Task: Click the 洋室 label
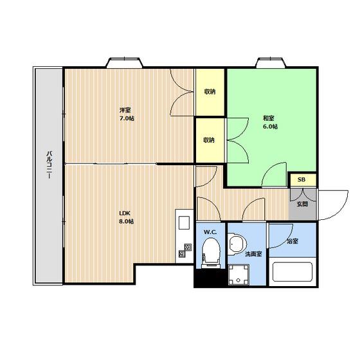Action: pyautogui.click(x=125, y=110)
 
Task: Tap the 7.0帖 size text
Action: pyautogui.click(x=127, y=119)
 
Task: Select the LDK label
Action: pyautogui.click(x=125, y=213)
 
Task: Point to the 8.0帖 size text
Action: pyautogui.click(x=127, y=222)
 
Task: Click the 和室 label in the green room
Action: pyautogui.click(x=269, y=118)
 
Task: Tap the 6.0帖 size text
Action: pyautogui.click(x=270, y=127)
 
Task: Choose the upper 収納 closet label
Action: pyautogui.click(x=210, y=91)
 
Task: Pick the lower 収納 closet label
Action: pyautogui.click(x=209, y=140)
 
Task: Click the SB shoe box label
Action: pyautogui.click(x=301, y=180)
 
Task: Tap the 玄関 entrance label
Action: pyautogui.click(x=302, y=204)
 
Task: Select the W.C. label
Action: pyautogui.click(x=210, y=232)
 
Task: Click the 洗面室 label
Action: pyautogui.click(x=253, y=254)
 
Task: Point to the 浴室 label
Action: pyautogui.click(x=292, y=241)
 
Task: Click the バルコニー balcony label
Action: pyautogui.click(x=49, y=165)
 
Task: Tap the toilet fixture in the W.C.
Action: pyautogui.click(x=211, y=253)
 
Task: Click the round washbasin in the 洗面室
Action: pyautogui.click(x=237, y=244)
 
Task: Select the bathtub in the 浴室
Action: pyautogui.click(x=292, y=272)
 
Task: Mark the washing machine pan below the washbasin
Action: pyautogui.click(x=239, y=274)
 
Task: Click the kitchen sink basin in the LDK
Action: pyautogui.click(x=184, y=222)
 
